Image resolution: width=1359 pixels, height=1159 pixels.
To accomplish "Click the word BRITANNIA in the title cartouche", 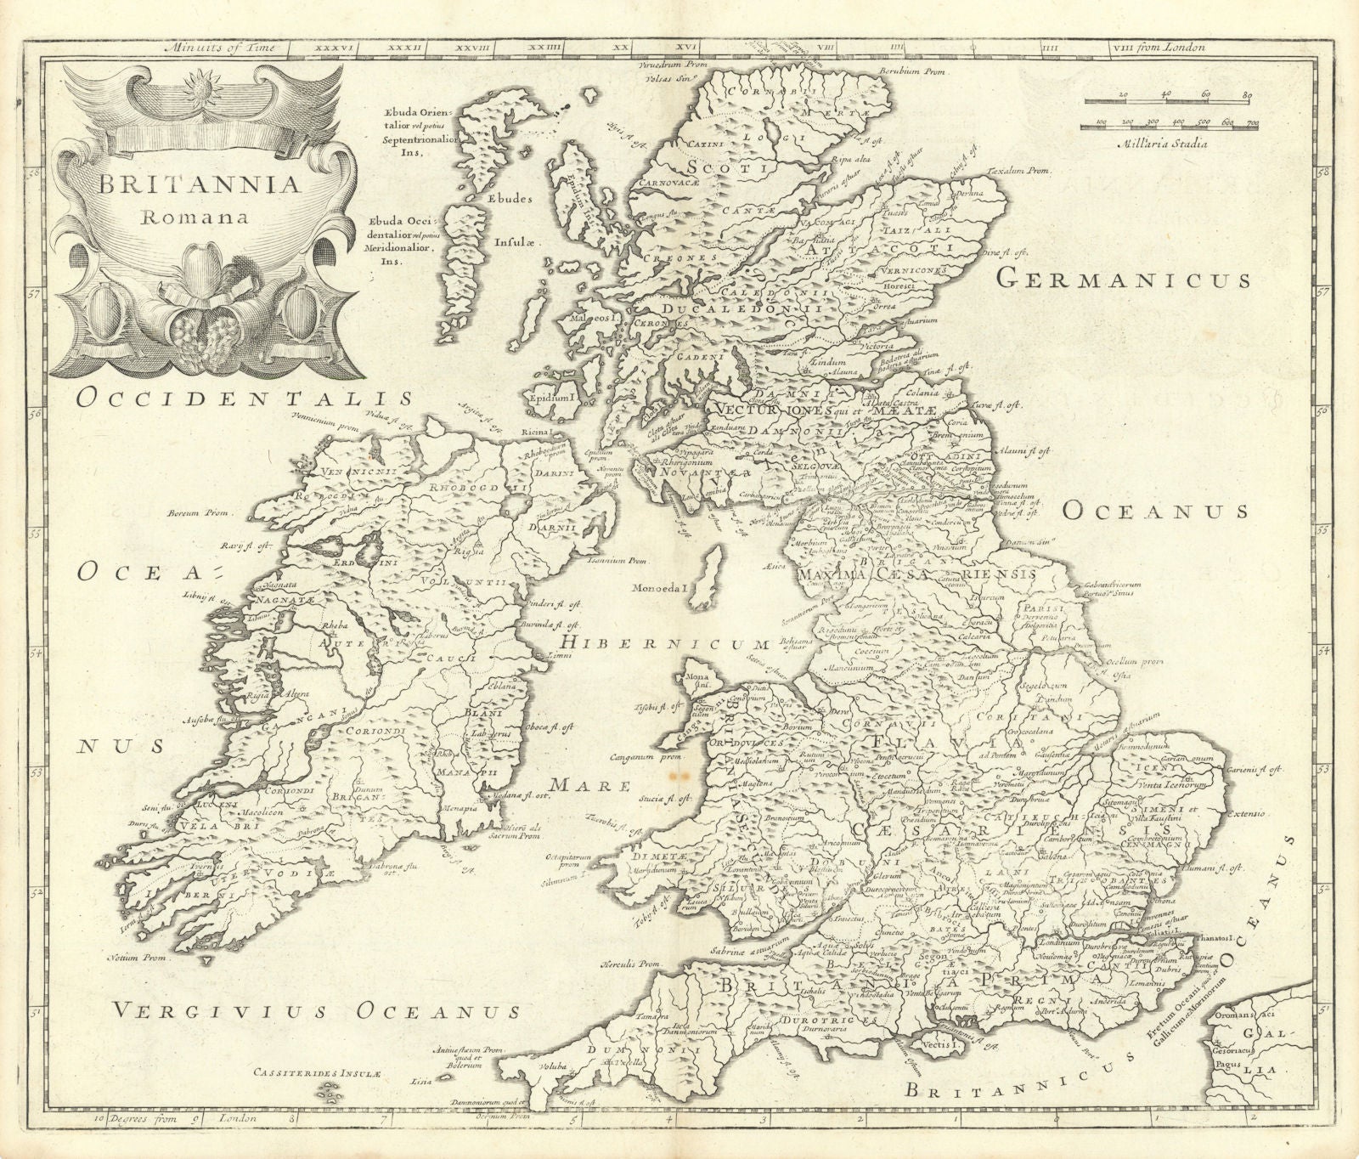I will coord(188,184).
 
